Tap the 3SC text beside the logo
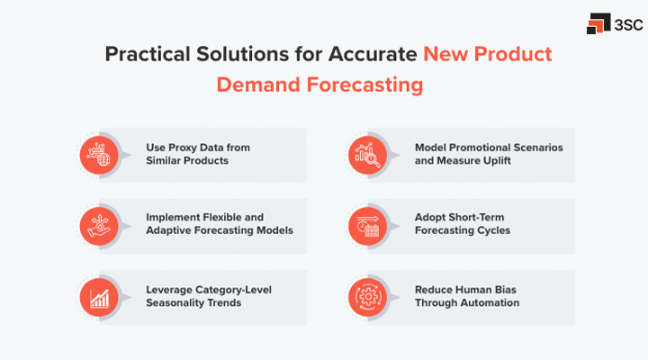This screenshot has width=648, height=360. (625, 24)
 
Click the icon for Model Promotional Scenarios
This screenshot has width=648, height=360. (364, 153)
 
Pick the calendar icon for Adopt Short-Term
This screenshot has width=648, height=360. (364, 224)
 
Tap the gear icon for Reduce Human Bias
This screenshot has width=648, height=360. (364, 296)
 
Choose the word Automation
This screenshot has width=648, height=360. (490, 303)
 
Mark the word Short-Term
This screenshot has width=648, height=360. (477, 217)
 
